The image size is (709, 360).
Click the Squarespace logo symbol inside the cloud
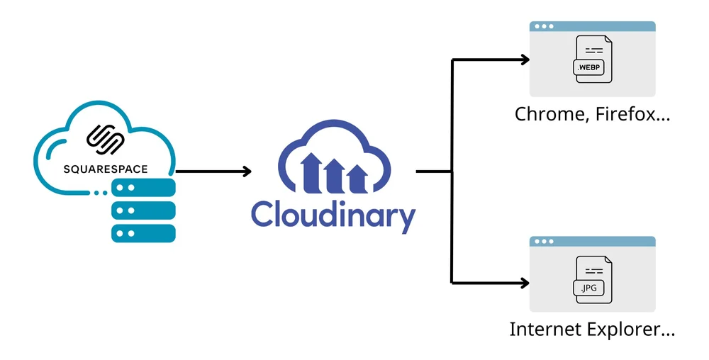pos(105,139)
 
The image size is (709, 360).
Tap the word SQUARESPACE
pos(105,169)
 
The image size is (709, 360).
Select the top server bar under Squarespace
pos(143,188)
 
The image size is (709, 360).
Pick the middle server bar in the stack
pos(143,210)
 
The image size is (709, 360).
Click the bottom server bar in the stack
pos(143,233)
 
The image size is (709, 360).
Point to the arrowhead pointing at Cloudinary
pos(246,171)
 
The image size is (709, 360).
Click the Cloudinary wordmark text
pos(333,215)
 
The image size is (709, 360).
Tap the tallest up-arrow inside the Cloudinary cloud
pos(310,172)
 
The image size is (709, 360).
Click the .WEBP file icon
pos(592,60)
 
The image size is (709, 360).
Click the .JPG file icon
pos(592,280)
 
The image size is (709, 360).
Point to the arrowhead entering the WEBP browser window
pos(525,60)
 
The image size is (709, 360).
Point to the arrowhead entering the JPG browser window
pos(525,283)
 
